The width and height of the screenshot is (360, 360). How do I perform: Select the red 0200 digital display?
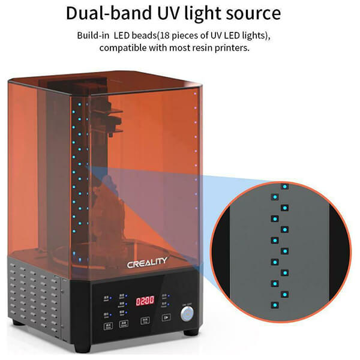tap(144, 299)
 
